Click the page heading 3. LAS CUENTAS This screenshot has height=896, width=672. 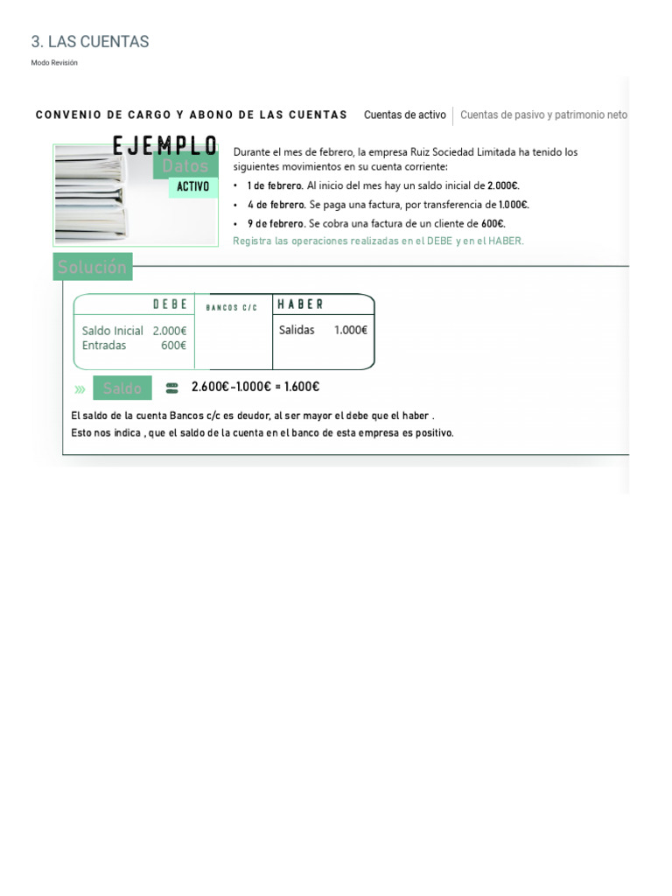pos(90,41)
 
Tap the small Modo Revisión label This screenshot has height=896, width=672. pos(54,63)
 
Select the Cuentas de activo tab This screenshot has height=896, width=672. pos(404,115)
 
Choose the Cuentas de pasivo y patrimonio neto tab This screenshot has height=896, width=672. pos(543,115)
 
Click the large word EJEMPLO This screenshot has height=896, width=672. pos(165,146)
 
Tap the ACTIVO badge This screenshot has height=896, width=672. pos(192,186)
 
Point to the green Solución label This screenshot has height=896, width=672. pos(93,267)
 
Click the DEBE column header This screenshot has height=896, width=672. pos(170,304)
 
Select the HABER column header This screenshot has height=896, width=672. pos(300,304)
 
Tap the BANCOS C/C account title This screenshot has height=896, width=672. pos(232,307)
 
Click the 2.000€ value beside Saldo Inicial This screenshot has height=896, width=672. pos(169,331)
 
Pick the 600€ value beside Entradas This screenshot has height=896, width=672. pos(173,345)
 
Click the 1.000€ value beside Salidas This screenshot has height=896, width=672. pos(350,330)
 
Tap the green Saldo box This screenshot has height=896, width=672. pos(122,388)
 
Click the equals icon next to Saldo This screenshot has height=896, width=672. pos(171,388)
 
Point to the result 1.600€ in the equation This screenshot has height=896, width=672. pos(301,387)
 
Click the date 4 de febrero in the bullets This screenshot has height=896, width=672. pos(276,205)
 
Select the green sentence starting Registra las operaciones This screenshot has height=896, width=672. pos(378,241)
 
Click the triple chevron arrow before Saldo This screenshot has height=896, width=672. pos(80,388)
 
